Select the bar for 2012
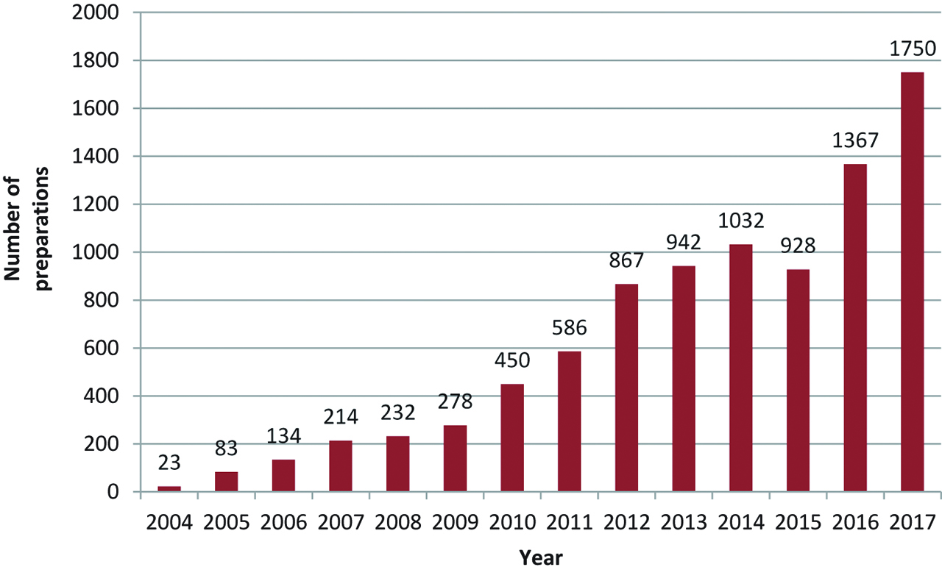click(626, 388)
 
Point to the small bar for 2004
click(169, 489)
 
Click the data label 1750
click(912, 50)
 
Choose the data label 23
click(169, 465)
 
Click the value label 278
click(455, 403)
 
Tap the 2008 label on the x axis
click(397, 523)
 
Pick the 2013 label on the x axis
click(683, 523)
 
